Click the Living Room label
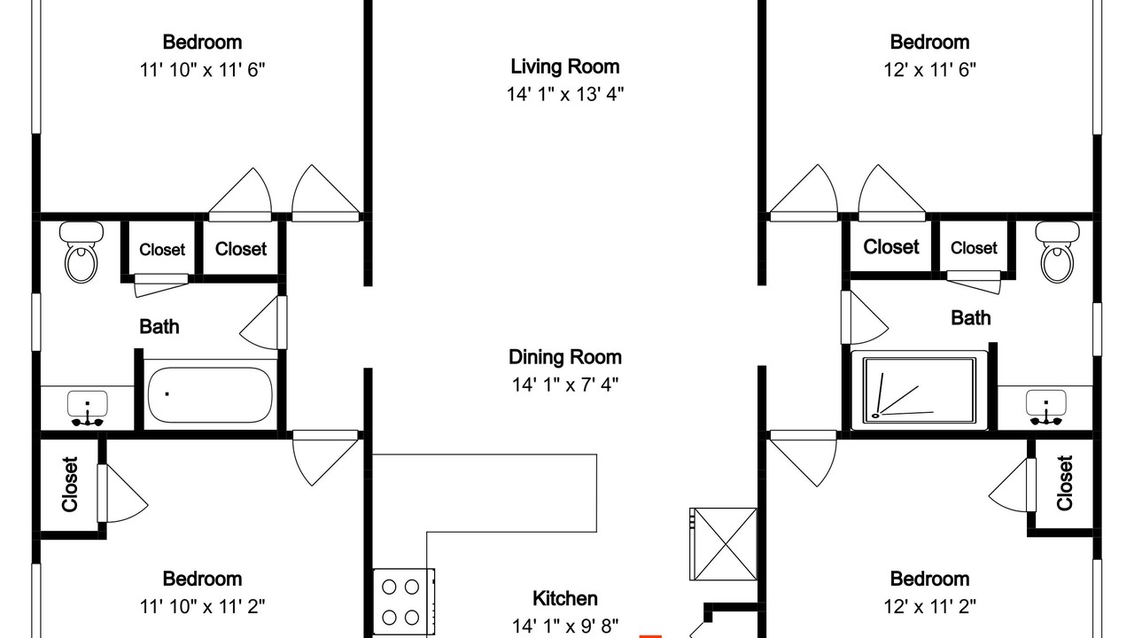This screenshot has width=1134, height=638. point(564,66)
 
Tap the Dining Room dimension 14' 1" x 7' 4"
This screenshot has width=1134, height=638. point(565,385)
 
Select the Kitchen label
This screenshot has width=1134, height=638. point(565,598)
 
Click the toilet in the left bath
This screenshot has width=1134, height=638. point(81,253)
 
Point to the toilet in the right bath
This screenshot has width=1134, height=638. point(1058,252)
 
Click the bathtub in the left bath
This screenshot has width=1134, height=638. point(210,395)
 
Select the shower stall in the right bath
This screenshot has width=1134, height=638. point(920,391)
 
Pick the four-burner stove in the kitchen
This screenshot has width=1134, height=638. point(404,603)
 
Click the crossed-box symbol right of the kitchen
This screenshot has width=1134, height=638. point(724,544)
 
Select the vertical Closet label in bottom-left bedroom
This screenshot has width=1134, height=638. point(70,485)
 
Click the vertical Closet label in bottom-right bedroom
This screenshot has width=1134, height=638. point(1065,483)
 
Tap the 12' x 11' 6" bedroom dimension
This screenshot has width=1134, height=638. point(930,69)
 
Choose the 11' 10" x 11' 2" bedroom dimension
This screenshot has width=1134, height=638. point(203,606)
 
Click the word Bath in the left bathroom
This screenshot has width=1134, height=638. point(159,327)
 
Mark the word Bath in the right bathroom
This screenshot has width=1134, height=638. point(970,318)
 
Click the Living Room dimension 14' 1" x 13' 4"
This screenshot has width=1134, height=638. point(565,94)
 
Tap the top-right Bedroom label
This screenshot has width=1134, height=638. point(929,42)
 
